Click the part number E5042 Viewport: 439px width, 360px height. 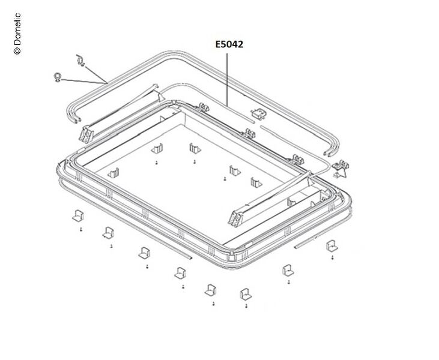229,44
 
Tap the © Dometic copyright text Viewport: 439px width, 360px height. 17,34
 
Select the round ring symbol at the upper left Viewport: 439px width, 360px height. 58,77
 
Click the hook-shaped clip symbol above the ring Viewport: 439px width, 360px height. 80,61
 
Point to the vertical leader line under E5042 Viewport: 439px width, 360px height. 227,79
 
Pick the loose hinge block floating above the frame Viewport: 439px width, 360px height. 259,114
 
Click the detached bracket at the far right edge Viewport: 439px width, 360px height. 341,169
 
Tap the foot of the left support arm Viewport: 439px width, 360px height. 86,135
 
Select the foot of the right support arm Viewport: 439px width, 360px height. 236,219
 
